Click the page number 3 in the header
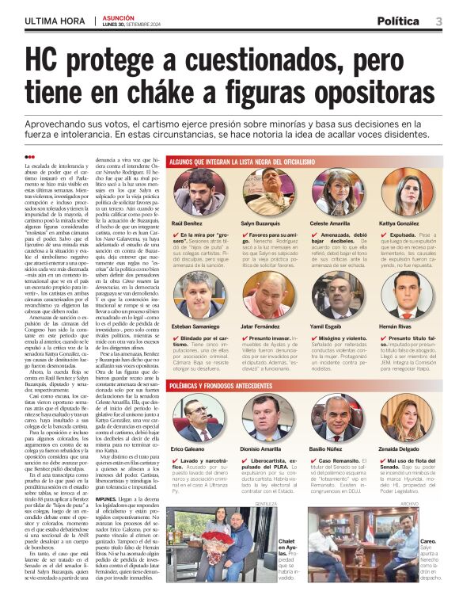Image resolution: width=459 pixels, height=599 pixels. [x=438, y=21]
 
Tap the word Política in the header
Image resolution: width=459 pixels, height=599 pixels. [x=397, y=21]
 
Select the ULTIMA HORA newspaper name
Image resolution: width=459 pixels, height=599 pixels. [x=54, y=21]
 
